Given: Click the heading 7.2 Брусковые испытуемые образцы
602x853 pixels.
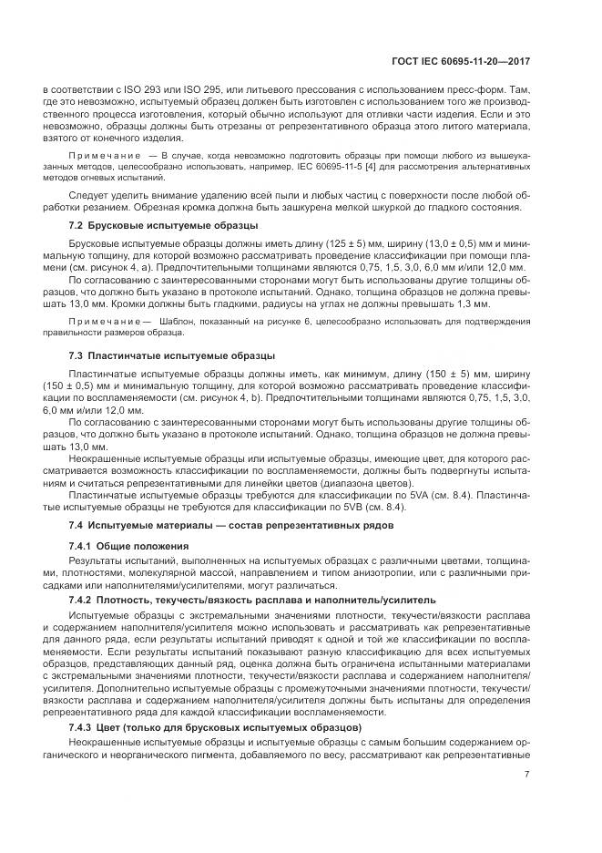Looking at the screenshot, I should (164, 224).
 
